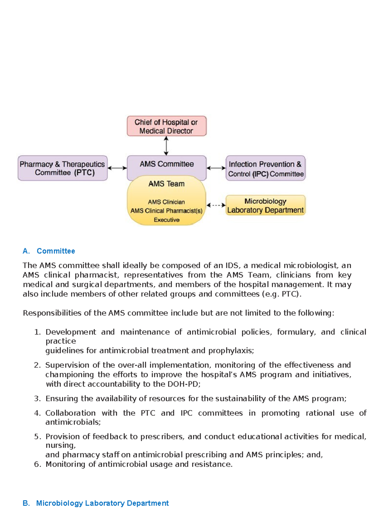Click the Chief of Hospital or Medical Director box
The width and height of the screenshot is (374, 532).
click(x=166, y=126)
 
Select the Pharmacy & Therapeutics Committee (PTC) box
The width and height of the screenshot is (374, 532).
click(x=63, y=168)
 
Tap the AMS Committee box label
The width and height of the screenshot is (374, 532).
click(x=166, y=164)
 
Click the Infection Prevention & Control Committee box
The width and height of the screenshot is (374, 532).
click(x=265, y=168)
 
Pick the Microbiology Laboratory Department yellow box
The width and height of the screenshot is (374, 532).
click(x=265, y=205)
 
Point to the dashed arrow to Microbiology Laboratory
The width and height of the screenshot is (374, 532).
click(x=216, y=205)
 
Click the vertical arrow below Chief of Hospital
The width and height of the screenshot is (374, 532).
click(x=166, y=146)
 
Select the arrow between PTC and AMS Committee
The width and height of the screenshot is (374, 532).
click(x=117, y=168)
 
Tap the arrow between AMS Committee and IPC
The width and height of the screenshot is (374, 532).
click(x=216, y=168)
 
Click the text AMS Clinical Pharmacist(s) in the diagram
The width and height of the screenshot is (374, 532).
click(x=166, y=211)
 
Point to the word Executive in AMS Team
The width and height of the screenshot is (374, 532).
click(x=166, y=220)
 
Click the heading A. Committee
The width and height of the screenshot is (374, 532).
click(x=49, y=251)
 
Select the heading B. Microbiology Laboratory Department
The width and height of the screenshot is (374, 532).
click(x=96, y=503)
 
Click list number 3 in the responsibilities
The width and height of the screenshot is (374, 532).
click(x=37, y=398)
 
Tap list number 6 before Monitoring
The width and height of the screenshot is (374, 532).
click(x=37, y=464)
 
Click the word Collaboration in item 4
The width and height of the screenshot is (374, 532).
click(x=70, y=413)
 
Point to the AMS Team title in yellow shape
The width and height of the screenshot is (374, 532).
click(x=166, y=184)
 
